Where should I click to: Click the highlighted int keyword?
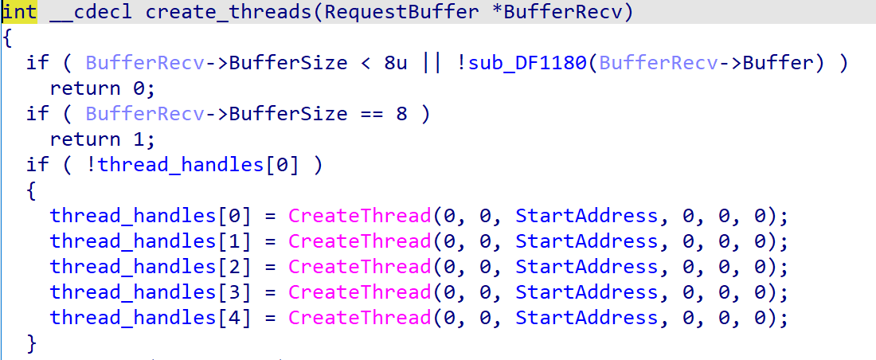(20, 12)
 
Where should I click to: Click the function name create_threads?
(229, 12)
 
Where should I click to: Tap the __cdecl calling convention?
(91, 12)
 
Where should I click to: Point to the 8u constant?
(396, 63)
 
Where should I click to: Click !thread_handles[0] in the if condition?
(193, 165)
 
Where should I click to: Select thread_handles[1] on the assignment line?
(151, 241)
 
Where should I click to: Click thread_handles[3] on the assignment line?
(151, 292)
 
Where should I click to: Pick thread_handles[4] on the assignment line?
(151, 318)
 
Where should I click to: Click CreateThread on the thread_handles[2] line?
(360, 267)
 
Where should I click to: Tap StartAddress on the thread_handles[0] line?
(587, 216)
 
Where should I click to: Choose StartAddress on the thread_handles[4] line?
(587, 318)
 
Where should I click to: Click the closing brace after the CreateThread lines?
(32, 343)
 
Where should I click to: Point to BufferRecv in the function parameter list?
(562, 12)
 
